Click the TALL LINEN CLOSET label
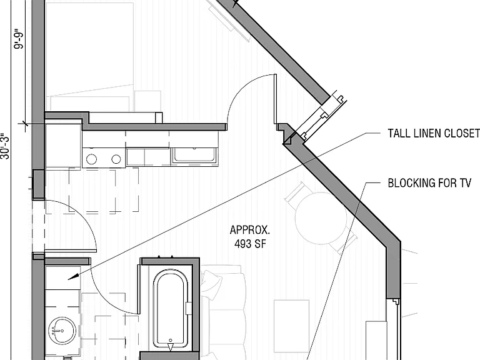click(x=434, y=133)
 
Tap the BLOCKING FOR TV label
click(x=429, y=182)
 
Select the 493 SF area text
click(x=251, y=244)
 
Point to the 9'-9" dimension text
click(x=19, y=39)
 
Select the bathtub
click(x=171, y=309)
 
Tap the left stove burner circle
click(x=91, y=159)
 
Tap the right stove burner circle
click(x=116, y=159)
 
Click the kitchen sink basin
click(x=195, y=155)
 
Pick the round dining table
click(x=321, y=218)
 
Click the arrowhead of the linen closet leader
click(x=71, y=277)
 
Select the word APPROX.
click(x=250, y=229)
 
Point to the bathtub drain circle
click(x=171, y=341)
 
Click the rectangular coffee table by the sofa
click(x=291, y=326)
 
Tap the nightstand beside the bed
click(x=147, y=101)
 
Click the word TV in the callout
click(x=465, y=182)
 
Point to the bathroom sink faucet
click(x=57, y=331)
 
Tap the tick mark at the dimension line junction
click(x=24, y=124)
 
